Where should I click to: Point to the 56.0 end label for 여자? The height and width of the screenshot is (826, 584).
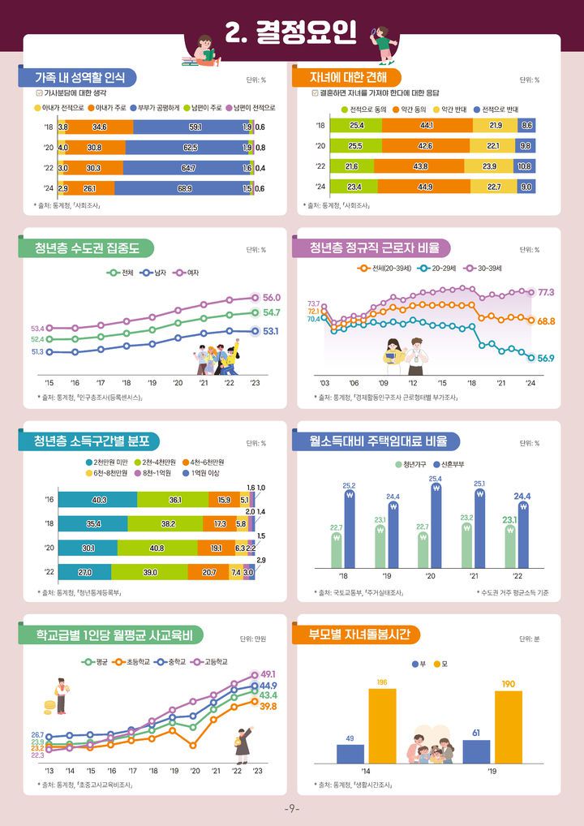coord(272,298)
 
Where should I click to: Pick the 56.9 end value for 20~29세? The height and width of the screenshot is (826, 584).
coord(545,358)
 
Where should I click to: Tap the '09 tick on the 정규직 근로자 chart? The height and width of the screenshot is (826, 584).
coord(384,382)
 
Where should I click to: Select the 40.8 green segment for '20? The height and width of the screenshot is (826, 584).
coord(157,548)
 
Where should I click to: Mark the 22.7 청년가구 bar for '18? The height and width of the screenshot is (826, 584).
coord(337,549)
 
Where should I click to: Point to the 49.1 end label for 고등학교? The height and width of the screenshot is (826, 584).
coord(268,674)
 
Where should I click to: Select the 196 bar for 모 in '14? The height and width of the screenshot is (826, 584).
coord(382,726)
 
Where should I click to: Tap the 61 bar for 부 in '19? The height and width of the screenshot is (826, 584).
coord(476,751)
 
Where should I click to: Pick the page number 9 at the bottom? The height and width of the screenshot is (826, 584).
coord(292,810)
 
